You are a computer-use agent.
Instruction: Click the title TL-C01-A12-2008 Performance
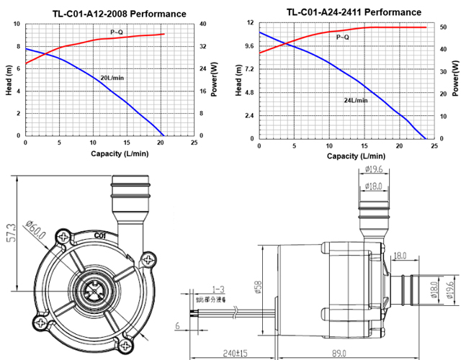119,14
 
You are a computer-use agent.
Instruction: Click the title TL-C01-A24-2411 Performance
354,12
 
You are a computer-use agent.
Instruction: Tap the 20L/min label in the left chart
112,77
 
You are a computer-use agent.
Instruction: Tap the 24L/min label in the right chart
355,100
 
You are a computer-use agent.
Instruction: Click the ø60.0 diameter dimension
35,233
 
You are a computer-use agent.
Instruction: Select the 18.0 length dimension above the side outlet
400,256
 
